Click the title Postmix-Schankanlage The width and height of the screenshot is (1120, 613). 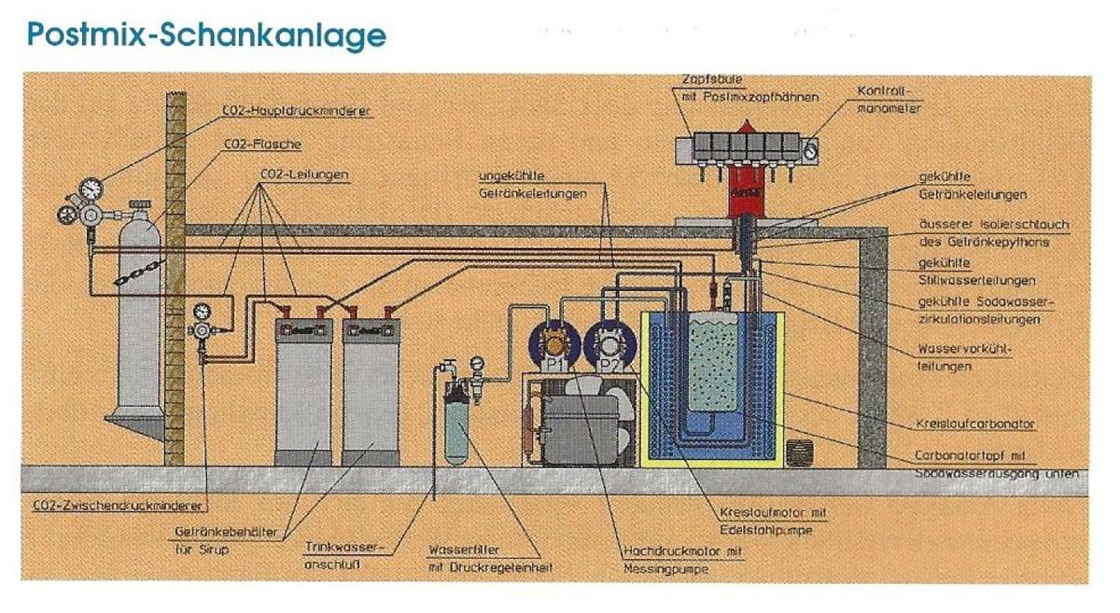coord(206,35)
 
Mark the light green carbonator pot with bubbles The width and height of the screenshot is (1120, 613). coord(715,359)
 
